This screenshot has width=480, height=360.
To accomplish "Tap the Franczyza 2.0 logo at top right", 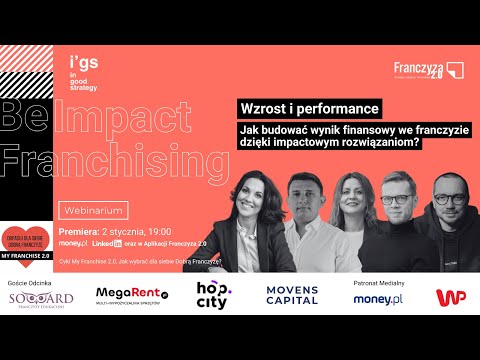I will click(427, 71).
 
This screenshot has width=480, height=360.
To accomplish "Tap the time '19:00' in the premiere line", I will click(164, 230).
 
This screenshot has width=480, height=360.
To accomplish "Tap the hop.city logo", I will click(212, 297).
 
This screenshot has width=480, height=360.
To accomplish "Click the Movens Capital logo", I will click(290, 297).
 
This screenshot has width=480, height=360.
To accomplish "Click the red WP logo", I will click(450, 297).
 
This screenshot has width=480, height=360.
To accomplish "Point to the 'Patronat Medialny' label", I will click(377, 283).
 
